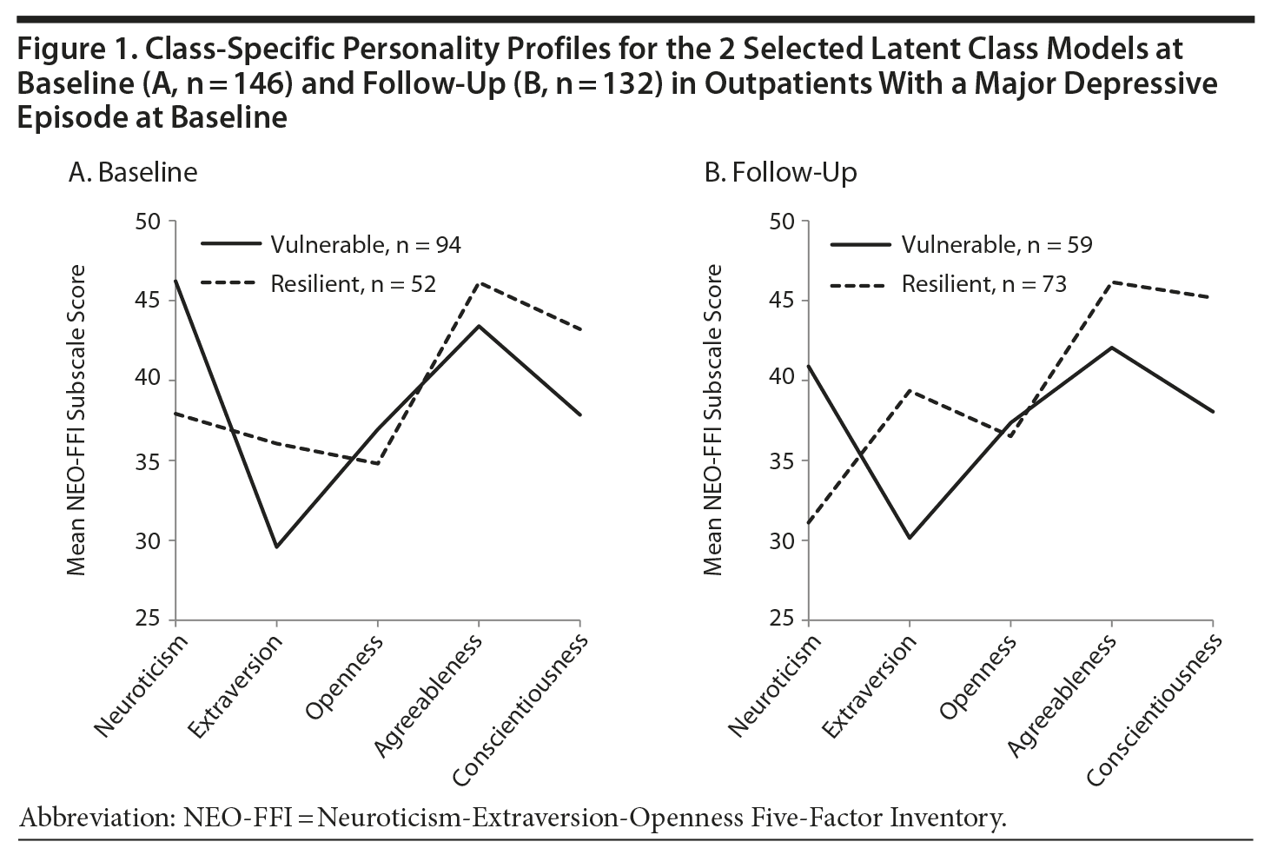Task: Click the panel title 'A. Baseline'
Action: (x=133, y=172)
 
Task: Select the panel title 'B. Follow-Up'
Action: (x=780, y=172)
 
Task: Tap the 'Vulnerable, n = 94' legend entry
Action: (x=365, y=244)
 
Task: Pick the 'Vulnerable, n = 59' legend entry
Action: (x=996, y=244)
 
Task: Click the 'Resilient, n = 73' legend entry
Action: (x=983, y=283)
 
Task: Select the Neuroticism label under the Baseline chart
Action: (x=142, y=686)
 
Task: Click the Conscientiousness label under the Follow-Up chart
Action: (x=1155, y=709)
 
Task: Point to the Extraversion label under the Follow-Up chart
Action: (x=868, y=686)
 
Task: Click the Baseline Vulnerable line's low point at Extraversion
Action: (x=276, y=547)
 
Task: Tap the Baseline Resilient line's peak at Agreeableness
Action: (x=479, y=282)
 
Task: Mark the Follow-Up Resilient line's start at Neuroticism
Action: (x=809, y=523)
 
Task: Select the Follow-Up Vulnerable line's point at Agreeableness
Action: (x=1111, y=347)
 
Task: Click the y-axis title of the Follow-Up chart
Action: (x=713, y=420)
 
